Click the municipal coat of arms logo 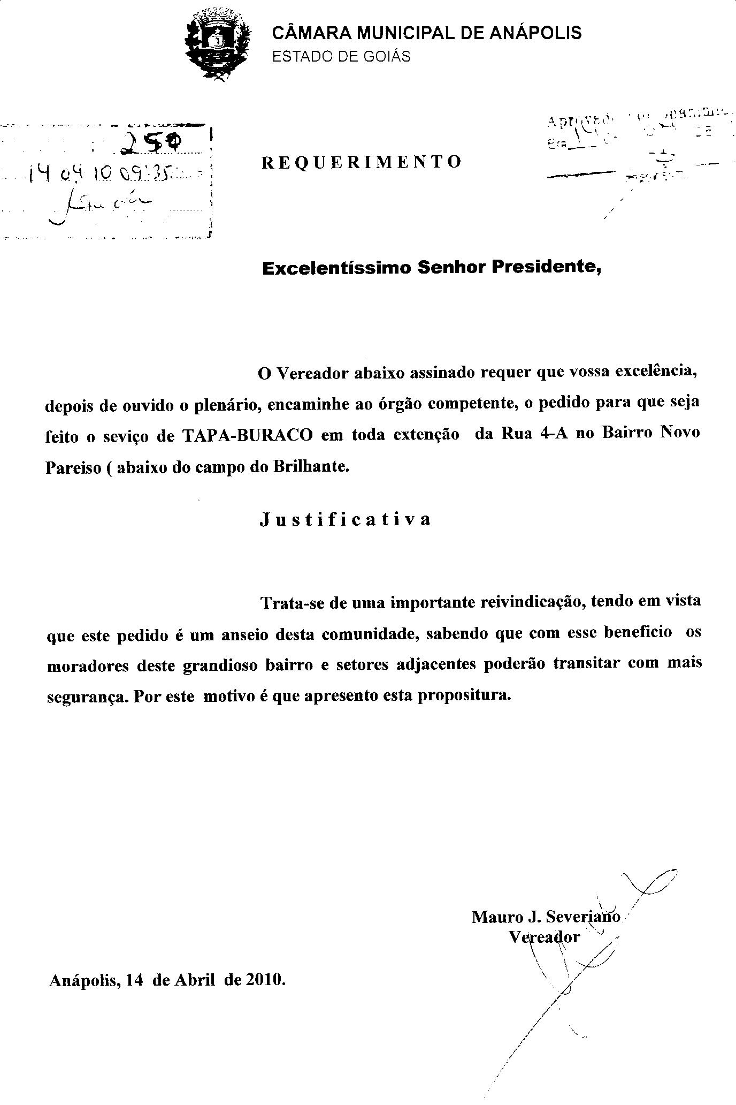point(217,46)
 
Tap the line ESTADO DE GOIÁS point(341,57)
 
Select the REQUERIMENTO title point(362,162)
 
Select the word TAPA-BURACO point(248,435)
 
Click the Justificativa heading point(346,519)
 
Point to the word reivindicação point(531,602)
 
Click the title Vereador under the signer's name point(544,937)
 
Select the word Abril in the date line point(195,980)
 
